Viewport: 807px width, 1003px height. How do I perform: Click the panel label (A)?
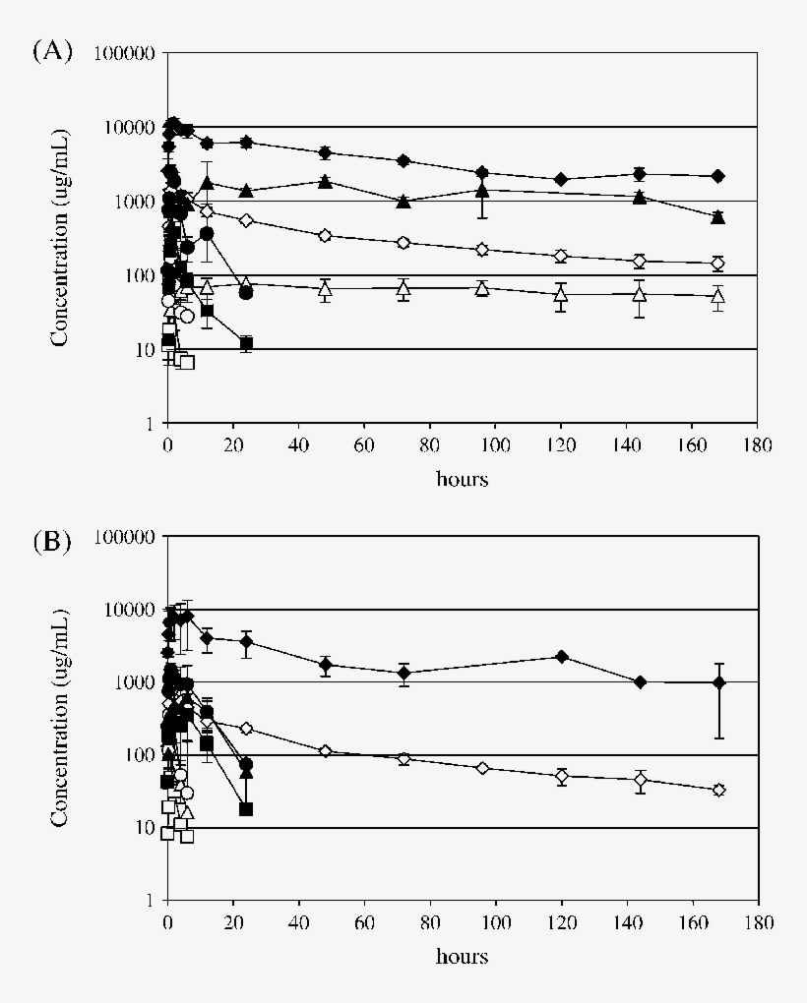[53, 51]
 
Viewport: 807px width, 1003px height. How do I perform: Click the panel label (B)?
[53, 541]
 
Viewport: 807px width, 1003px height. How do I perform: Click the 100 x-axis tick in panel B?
[495, 923]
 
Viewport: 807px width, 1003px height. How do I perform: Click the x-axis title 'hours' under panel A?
[462, 480]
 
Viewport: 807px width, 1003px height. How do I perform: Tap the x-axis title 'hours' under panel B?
[462, 957]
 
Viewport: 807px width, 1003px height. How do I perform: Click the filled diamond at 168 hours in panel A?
[718, 176]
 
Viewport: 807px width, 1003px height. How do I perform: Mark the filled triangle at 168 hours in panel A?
[718, 216]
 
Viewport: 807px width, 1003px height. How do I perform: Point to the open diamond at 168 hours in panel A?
[718, 263]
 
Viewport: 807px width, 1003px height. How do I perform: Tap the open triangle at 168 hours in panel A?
[718, 296]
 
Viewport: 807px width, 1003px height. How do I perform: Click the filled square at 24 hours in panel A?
[246, 343]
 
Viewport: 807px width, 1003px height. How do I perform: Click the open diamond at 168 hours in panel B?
[718, 790]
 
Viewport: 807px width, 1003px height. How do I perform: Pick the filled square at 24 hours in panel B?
[246, 809]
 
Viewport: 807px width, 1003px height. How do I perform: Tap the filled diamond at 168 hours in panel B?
[718, 682]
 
